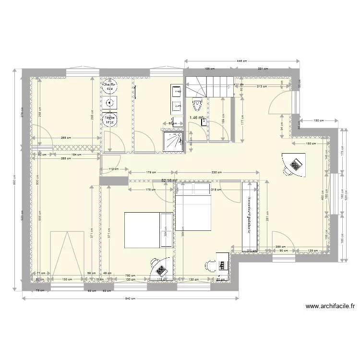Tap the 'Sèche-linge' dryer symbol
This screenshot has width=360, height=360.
pos(110,120)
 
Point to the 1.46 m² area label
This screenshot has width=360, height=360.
pos(196,117)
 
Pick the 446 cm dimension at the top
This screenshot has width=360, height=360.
pos(242,61)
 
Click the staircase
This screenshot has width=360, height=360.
pos(209,86)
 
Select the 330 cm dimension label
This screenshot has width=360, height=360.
pos(216,172)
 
